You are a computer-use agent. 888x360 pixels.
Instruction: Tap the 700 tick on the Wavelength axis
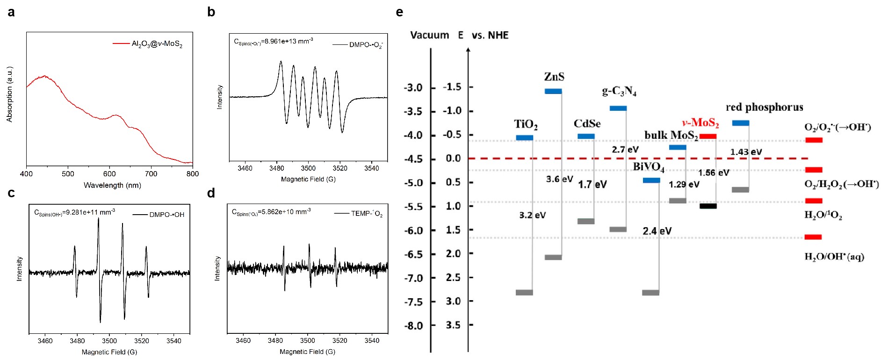coord(151,174)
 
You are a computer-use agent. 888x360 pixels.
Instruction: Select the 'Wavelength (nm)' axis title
coord(112,186)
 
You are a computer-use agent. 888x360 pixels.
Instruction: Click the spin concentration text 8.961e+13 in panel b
coord(274,42)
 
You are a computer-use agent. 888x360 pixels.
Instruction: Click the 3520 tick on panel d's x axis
coord(339,341)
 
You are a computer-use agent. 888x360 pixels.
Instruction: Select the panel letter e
coord(399,12)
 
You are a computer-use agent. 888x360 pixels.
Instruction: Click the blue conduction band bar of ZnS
coord(553,91)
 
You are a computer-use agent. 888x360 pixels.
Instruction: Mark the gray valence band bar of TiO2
coord(524,293)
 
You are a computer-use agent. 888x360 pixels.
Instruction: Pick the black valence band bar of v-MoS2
coord(708,206)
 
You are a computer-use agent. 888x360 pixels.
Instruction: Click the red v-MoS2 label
coord(700,123)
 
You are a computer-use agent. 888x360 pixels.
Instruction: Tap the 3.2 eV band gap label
coord(532,216)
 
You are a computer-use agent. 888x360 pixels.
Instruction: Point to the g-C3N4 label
coord(619,91)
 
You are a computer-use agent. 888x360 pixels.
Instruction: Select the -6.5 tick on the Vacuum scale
coord(413,254)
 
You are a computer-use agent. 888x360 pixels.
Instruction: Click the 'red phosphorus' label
coord(764,107)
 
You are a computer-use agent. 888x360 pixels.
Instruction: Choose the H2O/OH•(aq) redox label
coord(834,257)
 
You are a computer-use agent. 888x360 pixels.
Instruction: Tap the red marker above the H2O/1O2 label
coord(814,201)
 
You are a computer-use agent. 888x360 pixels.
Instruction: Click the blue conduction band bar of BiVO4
coord(651,180)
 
